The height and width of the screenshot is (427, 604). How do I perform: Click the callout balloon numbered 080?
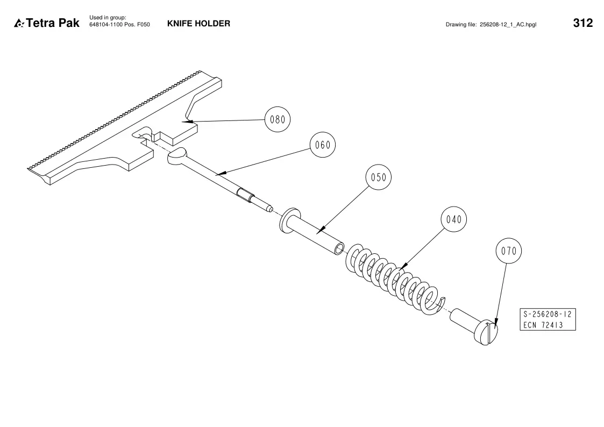click(x=278, y=119)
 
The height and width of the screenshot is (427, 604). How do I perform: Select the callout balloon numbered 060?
click(x=322, y=145)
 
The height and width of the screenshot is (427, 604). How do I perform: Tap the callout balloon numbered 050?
click(x=378, y=177)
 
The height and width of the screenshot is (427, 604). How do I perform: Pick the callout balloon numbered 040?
click(x=454, y=219)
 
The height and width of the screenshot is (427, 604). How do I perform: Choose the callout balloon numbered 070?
click(x=508, y=251)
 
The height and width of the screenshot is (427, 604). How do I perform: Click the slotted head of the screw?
click(x=486, y=332)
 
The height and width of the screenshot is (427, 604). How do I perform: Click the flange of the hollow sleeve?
click(x=289, y=220)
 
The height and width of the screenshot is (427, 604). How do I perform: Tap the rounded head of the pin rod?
click(x=177, y=155)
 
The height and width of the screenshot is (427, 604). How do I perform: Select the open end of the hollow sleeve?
click(x=339, y=249)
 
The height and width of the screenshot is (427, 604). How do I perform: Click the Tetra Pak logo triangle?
click(x=19, y=24)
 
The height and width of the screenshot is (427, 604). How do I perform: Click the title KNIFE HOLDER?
click(x=198, y=24)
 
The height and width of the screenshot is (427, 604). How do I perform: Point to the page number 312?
click(x=583, y=23)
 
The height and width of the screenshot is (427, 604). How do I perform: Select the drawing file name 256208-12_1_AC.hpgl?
click(x=508, y=25)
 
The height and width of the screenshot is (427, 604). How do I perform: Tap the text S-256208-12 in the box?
click(x=548, y=314)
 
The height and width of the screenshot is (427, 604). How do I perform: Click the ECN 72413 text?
click(x=543, y=325)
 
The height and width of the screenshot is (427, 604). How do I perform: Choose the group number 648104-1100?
click(x=106, y=25)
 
